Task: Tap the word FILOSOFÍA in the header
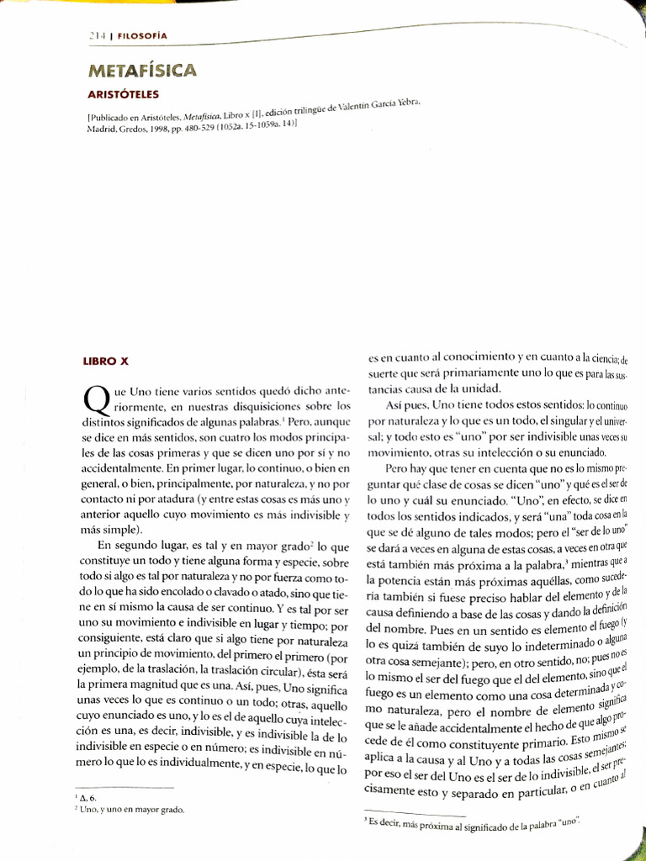(x=141, y=35)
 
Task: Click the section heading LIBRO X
(x=106, y=362)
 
